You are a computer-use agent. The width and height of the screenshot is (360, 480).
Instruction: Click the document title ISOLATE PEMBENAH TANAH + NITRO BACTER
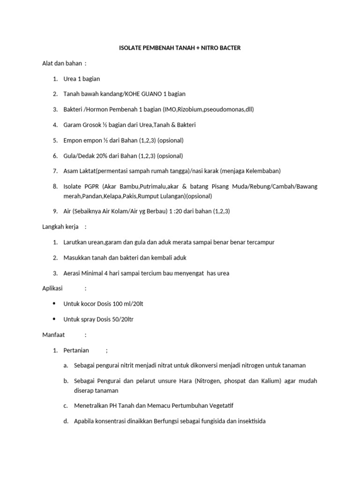(180, 48)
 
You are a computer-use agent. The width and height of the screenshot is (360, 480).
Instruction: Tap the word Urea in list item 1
(70, 79)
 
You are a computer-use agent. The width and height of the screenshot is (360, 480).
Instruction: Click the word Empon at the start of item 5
(73, 140)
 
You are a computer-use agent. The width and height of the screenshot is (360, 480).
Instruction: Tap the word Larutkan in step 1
(75, 242)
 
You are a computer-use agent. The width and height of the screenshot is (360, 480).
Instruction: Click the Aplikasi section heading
(52, 288)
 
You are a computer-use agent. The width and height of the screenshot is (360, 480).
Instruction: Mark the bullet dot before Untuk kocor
(55, 304)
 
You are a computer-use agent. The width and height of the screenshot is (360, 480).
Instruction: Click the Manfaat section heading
(53, 335)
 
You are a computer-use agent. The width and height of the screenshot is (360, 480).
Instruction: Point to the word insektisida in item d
(250, 421)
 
